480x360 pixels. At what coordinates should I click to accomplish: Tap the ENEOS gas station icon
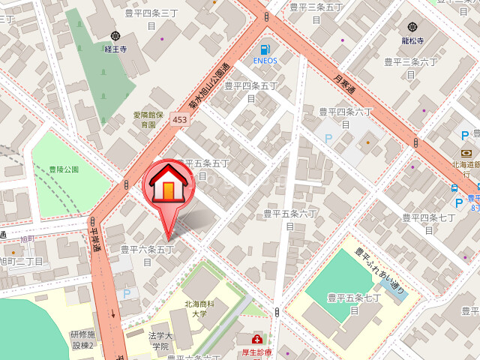click(265, 49)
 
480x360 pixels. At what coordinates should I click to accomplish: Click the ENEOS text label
click(265, 61)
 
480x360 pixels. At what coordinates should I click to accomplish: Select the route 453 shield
click(179, 119)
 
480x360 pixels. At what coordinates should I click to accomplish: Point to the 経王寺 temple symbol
click(115, 36)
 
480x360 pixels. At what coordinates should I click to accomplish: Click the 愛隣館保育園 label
click(148, 119)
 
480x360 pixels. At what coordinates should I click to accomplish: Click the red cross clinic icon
click(257, 339)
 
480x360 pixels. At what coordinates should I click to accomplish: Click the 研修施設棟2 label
click(82, 340)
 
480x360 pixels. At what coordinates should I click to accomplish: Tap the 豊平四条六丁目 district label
click(346, 117)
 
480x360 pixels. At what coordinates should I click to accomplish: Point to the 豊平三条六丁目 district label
click(411, 67)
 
